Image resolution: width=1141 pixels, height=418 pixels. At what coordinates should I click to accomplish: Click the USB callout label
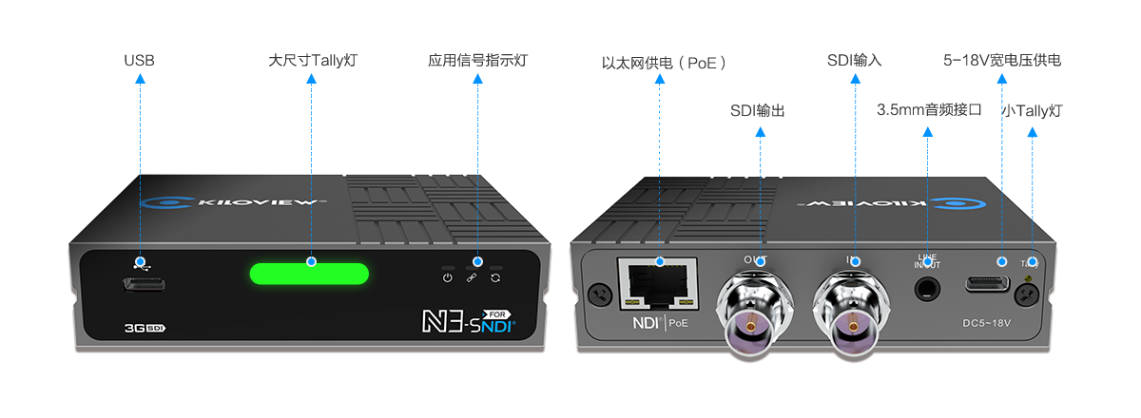[139, 61]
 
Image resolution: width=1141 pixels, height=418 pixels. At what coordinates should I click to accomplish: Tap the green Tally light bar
[309, 275]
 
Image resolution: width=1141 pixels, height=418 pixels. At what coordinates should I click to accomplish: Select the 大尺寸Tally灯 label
[313, 61]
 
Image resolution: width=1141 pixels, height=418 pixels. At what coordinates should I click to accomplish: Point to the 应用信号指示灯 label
[477, 61]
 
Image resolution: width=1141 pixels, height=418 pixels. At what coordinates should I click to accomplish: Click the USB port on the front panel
[140, 283]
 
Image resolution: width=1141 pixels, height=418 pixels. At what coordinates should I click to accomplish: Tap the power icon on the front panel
[447, 277]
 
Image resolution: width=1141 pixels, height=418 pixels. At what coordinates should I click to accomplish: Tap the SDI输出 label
[758, 111]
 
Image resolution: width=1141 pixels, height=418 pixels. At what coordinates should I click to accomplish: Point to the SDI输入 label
[855, 61]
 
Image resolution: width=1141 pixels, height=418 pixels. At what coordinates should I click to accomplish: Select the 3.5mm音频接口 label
[928, 110]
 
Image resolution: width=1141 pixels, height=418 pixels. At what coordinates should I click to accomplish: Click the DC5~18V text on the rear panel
[990, 324]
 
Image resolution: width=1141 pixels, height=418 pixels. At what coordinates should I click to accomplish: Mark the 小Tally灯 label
[1033, 111]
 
